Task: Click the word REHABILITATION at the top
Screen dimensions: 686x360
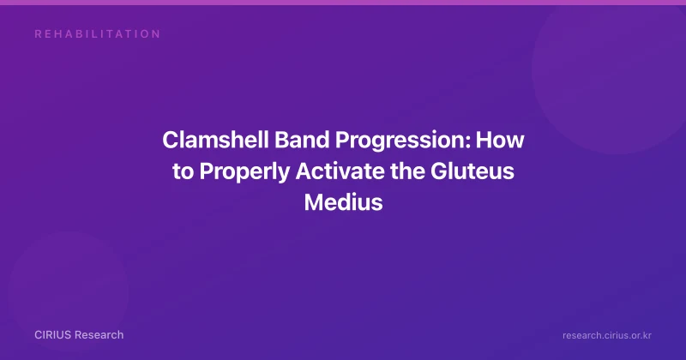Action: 98,34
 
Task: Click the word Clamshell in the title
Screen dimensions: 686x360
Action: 215,140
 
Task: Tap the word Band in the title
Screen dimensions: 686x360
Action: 302,140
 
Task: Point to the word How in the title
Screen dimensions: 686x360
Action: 500,140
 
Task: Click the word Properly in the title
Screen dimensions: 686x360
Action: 244,172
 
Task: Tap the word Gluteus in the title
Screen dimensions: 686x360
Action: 472,171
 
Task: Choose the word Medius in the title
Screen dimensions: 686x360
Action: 344,202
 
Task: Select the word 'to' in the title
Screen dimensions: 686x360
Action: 183,172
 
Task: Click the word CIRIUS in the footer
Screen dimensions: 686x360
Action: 53,335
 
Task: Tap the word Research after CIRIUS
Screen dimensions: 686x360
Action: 99,335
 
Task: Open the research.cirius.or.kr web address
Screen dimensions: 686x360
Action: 607,335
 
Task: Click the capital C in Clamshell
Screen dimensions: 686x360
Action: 170,140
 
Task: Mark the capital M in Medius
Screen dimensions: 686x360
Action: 314,202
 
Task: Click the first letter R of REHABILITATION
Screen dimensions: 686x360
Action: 38,34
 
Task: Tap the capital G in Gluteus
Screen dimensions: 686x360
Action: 439,171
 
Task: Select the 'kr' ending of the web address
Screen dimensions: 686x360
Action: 647,335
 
